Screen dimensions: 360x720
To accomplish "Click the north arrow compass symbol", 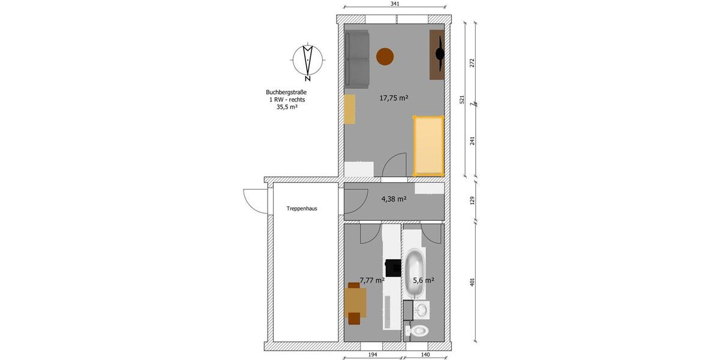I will click(x=308, y=60).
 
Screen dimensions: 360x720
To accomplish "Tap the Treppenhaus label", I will click(x=302, y=209).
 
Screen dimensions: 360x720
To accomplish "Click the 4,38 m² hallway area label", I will click(x=394, y=199).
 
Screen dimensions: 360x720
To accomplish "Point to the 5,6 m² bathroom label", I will click(x=424, y=280).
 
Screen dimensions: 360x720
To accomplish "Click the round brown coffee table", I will click(x=385, y=57).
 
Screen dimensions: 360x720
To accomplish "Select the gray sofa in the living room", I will click(x=357, y=58).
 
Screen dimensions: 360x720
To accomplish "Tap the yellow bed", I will click(x=428, y=145).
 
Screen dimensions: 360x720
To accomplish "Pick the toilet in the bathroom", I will click(x=418, y=330).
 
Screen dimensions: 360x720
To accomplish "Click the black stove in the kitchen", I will click(x=393, y=267).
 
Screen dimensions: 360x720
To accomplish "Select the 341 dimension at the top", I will click(x=395, y=4).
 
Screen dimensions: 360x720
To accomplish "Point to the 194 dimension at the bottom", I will click(x=373, y=355).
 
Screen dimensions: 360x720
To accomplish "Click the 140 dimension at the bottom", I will click(x=425, y=355).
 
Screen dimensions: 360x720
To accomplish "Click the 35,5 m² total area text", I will click(x=287, y=107).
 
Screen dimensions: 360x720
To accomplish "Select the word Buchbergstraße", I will click(x=287, y=92).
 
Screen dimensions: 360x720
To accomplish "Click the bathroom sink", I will click(x=422, y=310).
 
